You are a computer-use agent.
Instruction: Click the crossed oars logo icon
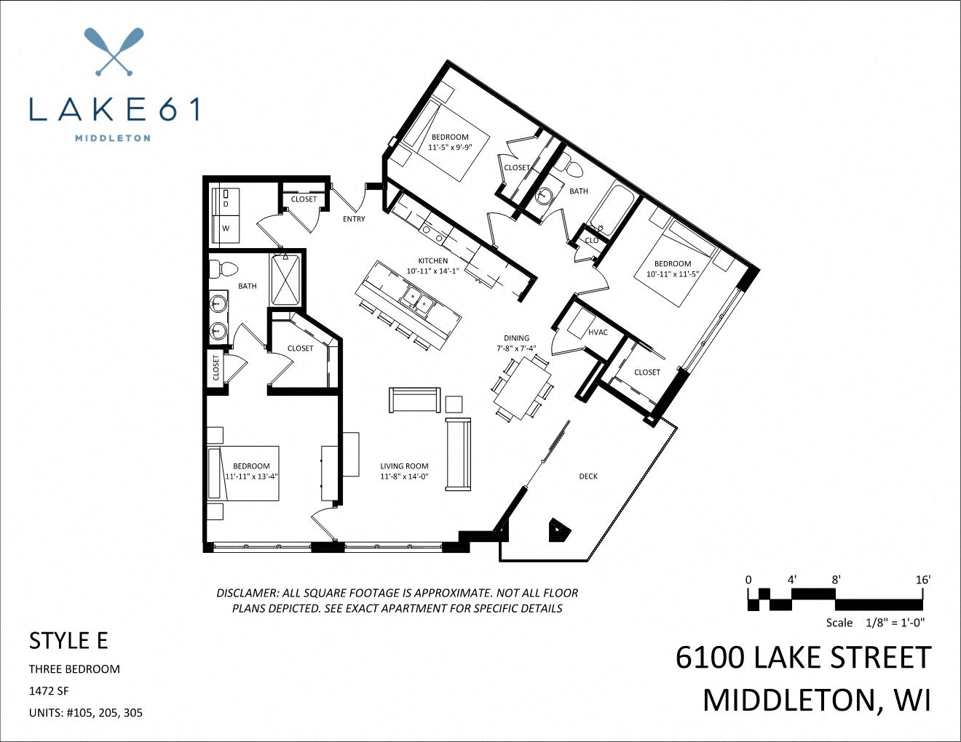pos(114,52)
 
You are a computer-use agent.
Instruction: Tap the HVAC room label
pos(598,332)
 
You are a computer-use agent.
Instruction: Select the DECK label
pos(588,476)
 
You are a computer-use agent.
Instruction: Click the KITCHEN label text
pos(432,260)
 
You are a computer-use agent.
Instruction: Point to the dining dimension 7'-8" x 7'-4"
pos(516,348)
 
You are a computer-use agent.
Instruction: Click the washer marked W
pos(226,228)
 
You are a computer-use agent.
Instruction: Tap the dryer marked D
pos(226,204)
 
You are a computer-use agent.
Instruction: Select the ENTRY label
pos(354,219)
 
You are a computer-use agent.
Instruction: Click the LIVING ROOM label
pos(404,466)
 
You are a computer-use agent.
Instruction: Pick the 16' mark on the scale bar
pos(922,580)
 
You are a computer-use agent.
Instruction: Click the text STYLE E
pos(68,640)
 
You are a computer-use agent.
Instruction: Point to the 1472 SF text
pos(49,691)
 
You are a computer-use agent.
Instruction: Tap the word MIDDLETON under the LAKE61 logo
pos(113,137)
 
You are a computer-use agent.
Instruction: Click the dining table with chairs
pos(522,388)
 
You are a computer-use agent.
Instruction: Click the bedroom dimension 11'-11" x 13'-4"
pos(251,476)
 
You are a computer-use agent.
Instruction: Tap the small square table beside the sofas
pos(454,404)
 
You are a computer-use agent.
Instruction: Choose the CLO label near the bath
pos(592,240)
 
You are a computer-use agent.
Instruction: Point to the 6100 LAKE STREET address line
pos(803,658)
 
